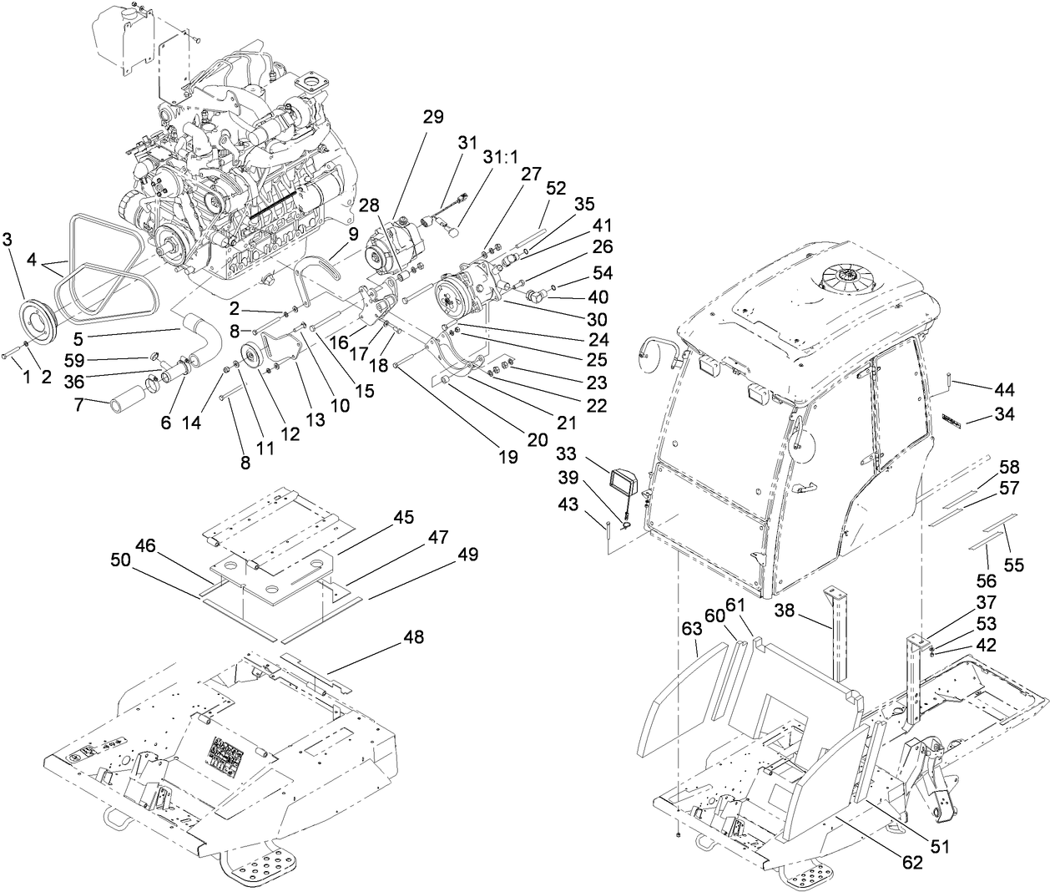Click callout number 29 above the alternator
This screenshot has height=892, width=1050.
click(x=432, y=116)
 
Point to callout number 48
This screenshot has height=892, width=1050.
click(x=413, y=637)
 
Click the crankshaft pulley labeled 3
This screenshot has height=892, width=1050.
click(x=38, y=317)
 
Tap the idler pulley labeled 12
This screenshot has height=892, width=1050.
click(x=248, y=355)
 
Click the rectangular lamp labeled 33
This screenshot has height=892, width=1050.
click(x=623, y=483)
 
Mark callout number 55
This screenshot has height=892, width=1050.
click(x=1013, y=565)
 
